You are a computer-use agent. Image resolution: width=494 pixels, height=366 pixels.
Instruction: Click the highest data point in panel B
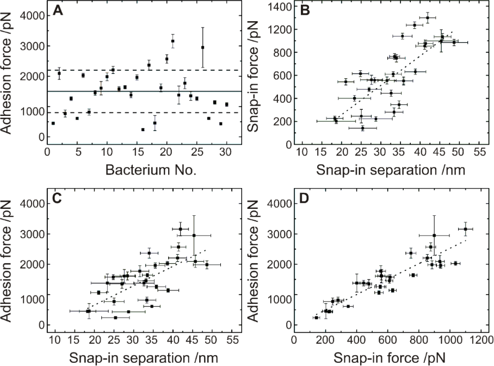[x=428, y=18]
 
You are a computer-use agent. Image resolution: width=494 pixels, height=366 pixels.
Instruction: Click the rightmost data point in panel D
[x=466, y=229]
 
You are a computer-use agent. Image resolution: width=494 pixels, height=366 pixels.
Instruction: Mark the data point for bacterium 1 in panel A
[x=53, y=123]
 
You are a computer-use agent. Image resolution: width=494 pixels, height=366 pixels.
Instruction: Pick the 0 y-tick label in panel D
[x=286, y=325]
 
